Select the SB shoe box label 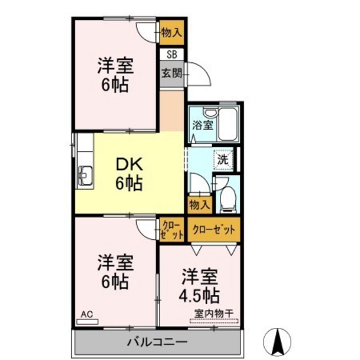(x=172, y=55)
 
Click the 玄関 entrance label (x=170, y=72)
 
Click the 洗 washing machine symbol (x=222, y=157)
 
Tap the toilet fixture (x=227, y=200)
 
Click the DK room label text (x=129, y=165)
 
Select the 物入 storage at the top (x=171, y=30)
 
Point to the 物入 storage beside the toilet (x=199, y=204)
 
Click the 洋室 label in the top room (x=116, y=66)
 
